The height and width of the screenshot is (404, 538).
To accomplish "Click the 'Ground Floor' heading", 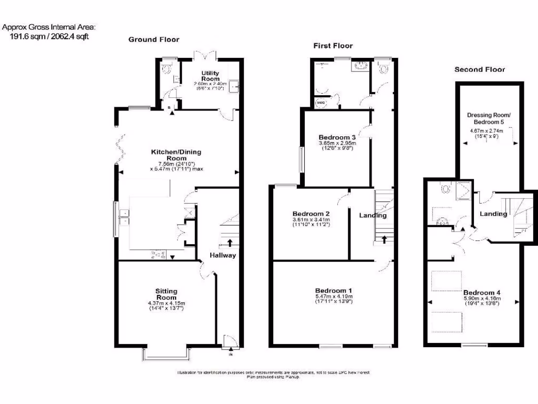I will [x=153, y=39].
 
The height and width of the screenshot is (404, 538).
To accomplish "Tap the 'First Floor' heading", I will [x=333, y=46].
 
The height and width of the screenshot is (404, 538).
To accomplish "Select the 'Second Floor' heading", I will [x=479, y=69].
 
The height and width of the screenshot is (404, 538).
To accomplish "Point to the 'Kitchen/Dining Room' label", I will [x=176, y=155].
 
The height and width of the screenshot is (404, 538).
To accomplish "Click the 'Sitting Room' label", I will [x=166, y=294].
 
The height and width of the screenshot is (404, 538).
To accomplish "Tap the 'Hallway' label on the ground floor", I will [x=223, y=256].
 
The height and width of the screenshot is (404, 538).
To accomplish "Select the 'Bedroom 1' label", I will [x=334, y=290].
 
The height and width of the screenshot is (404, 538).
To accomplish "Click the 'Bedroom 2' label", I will [x=311, y=214].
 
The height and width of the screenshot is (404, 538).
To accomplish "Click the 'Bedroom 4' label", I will [x=482, y=292].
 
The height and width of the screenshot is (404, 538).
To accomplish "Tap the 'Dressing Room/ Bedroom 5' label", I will [x=489, y=118].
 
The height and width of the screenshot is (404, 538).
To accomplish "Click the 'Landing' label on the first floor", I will [x=373, y=215].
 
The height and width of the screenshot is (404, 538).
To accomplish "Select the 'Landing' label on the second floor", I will [x=493, y=214].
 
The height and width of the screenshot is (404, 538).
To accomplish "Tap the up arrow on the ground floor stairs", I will [x=230, y=243].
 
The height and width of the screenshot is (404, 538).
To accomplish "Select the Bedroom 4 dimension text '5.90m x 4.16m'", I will [x=482, y=299].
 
